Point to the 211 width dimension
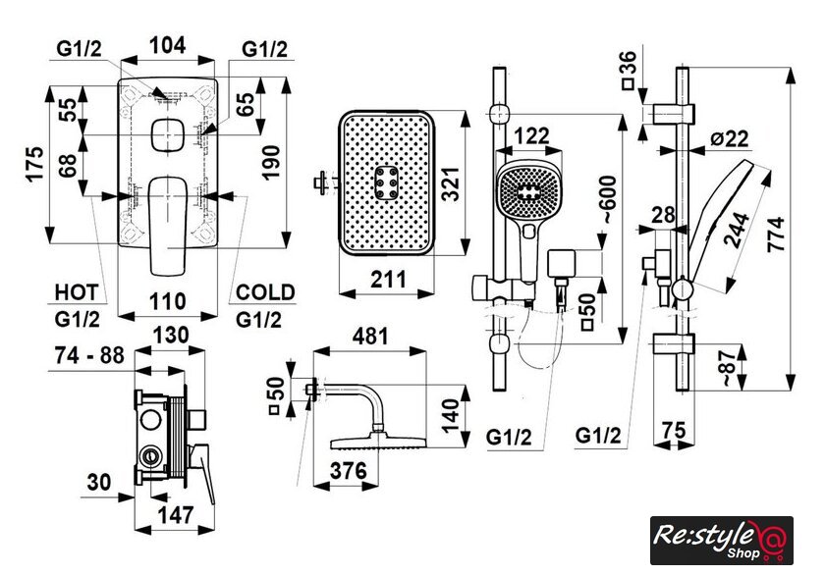389,280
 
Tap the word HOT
76,291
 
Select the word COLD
266,291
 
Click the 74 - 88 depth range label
89,355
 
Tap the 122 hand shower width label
531,135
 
